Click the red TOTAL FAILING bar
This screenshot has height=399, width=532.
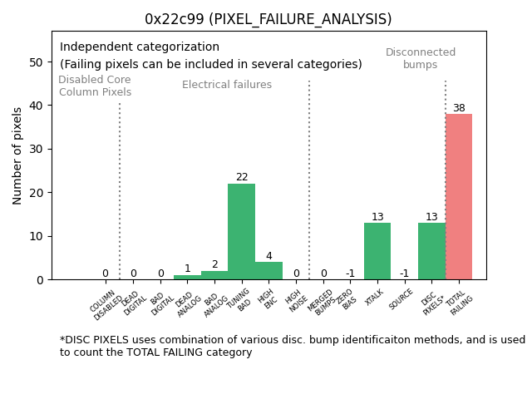tap(459, 197)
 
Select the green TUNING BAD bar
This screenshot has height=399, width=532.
tap(241, 232)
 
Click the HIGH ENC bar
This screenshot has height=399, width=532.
tap(268, 271)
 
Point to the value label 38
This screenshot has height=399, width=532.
tap(459, 108)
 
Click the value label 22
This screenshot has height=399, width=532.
tap(241, 177)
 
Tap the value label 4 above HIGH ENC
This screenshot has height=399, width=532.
tap(268, 256)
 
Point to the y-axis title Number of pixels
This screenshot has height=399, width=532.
tap(17, 155)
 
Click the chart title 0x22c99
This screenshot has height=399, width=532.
tap(268, 19)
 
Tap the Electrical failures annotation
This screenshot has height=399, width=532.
tap(227, 85)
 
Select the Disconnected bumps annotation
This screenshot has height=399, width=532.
tap(421, 58)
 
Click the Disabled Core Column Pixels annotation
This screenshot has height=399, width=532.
tap(95, 86)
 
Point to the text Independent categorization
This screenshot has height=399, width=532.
tap(140, 47)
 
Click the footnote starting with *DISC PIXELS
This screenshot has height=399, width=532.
tap(292, 346)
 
